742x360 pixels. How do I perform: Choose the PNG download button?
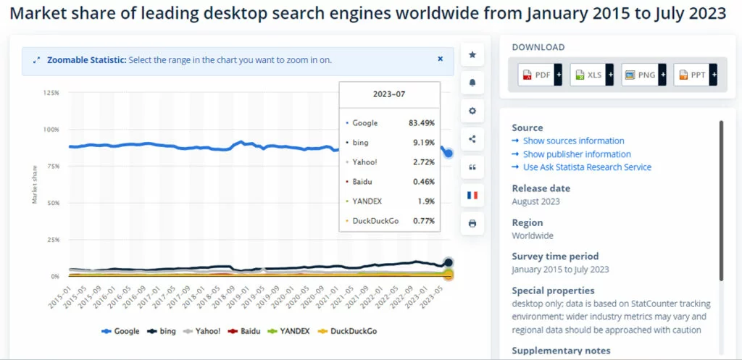pyautogui.click(x=643, y=75)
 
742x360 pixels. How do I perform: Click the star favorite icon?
pyautogui.click(x=472, y=54)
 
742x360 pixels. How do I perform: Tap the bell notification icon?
pyautogui.click(x=472, y=83)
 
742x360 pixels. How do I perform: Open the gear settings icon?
pyautogui.click(x=472, y=111)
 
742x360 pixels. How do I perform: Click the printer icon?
pyautogui.click(x=472, y=223)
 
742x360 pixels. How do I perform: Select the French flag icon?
pyautogui.click(x=472, y=196)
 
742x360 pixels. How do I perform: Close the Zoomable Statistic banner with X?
pyautogui.click(x=440, y=59)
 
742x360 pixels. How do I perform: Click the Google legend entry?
pyautogui.click(x=121, y=331)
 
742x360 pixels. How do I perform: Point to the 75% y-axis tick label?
pyautogui.click(x=51, y=167)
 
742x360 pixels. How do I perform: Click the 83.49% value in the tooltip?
pyautogui.click(x=421, y=123)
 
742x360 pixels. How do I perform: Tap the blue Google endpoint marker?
pyautogui.click(x=449, y=154)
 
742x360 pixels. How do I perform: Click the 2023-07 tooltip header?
pyautogui.click(x=389, y=94)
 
